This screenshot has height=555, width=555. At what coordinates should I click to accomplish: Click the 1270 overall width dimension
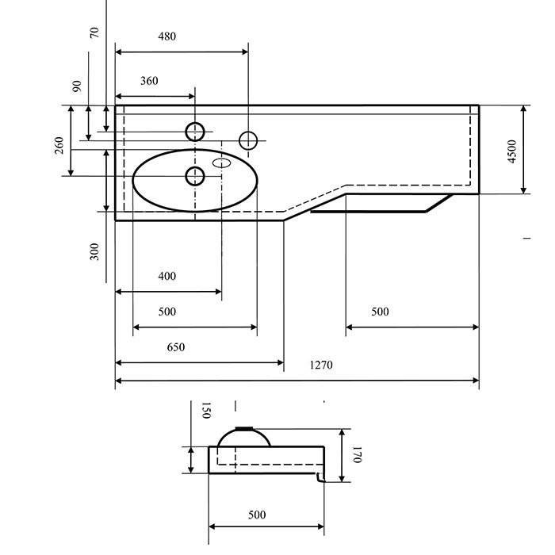point(321,365)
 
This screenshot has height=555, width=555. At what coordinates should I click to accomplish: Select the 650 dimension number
point(176,347)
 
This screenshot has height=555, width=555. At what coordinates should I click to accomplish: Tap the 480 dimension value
point(167,36)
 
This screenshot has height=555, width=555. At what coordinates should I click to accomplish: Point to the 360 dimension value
point(149,81)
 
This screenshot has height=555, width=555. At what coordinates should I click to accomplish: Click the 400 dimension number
point(167,276)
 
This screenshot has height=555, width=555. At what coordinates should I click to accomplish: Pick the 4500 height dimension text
point(512,151)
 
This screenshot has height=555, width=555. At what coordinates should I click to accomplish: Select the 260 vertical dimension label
point(59,145)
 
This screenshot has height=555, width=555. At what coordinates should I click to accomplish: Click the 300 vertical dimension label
point(94,251)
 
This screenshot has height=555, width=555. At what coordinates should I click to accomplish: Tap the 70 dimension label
point(94,33)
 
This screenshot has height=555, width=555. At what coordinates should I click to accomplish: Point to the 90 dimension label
point(77,86)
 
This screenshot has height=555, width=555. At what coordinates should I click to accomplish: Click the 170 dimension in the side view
point(357,454)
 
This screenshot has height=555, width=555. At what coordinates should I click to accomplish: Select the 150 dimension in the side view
point(206,410)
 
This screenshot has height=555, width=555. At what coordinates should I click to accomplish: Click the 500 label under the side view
point(257,515)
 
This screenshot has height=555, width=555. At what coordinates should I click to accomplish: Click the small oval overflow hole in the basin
point(221,163)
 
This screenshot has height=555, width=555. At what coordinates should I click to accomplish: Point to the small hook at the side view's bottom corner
point(320,478)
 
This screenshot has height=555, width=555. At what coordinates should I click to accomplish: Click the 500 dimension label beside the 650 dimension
point(167,312)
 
